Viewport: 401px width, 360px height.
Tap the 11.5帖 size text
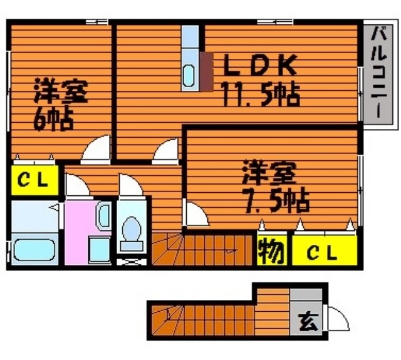tap(261, 94)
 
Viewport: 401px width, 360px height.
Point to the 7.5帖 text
tap(277, 200)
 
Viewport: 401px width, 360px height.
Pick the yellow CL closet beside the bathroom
tap(34, 180)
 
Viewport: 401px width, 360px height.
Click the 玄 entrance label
tap(308, 321)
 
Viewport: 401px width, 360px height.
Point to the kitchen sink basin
tap(189, 75)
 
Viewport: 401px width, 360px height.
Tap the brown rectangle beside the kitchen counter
tap(207, 71)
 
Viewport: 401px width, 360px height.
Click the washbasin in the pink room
tap(104, 215)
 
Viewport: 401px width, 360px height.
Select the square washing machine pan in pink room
tap(99, 250)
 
